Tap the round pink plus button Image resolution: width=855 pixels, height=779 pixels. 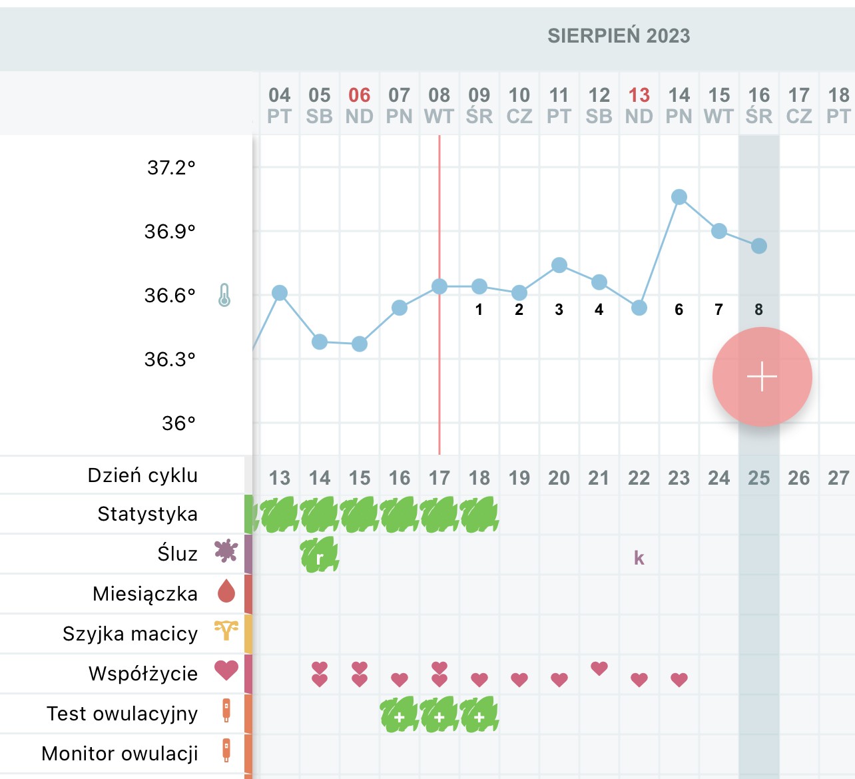pos(762,377)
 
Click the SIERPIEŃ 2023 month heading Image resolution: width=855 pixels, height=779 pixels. pos(619,36)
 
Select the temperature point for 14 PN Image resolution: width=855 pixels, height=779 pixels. pos(679,197)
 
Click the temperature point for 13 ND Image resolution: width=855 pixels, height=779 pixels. pos(639,308)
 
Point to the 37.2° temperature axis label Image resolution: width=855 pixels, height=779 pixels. pos(171,167)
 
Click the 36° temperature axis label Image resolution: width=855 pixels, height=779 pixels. pos(178,423)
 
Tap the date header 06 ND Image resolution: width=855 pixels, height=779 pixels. pos(360,105)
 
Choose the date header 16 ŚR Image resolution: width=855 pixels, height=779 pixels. pos(759,105)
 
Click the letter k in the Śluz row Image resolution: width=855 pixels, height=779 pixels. pos(639,558)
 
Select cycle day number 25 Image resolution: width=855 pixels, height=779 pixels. pos(759,478)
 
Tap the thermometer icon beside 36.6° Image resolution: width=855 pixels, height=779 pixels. pos(224,295)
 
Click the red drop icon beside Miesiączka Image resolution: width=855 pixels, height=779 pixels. pos(226,591)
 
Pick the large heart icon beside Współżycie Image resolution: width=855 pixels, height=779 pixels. pos(226,670)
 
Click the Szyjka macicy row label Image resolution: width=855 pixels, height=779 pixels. pos(130,634)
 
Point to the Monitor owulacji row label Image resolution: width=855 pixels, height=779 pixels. pos(120,754)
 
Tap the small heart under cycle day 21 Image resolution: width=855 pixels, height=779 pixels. pos(599,668)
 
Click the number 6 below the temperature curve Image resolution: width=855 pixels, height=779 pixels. pos(679,310)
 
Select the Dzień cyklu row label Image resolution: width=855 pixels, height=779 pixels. pos(142,475)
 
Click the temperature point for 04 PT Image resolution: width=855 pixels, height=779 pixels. pos(280,293)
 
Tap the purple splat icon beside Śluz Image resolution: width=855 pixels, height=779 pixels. pos(226,551)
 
